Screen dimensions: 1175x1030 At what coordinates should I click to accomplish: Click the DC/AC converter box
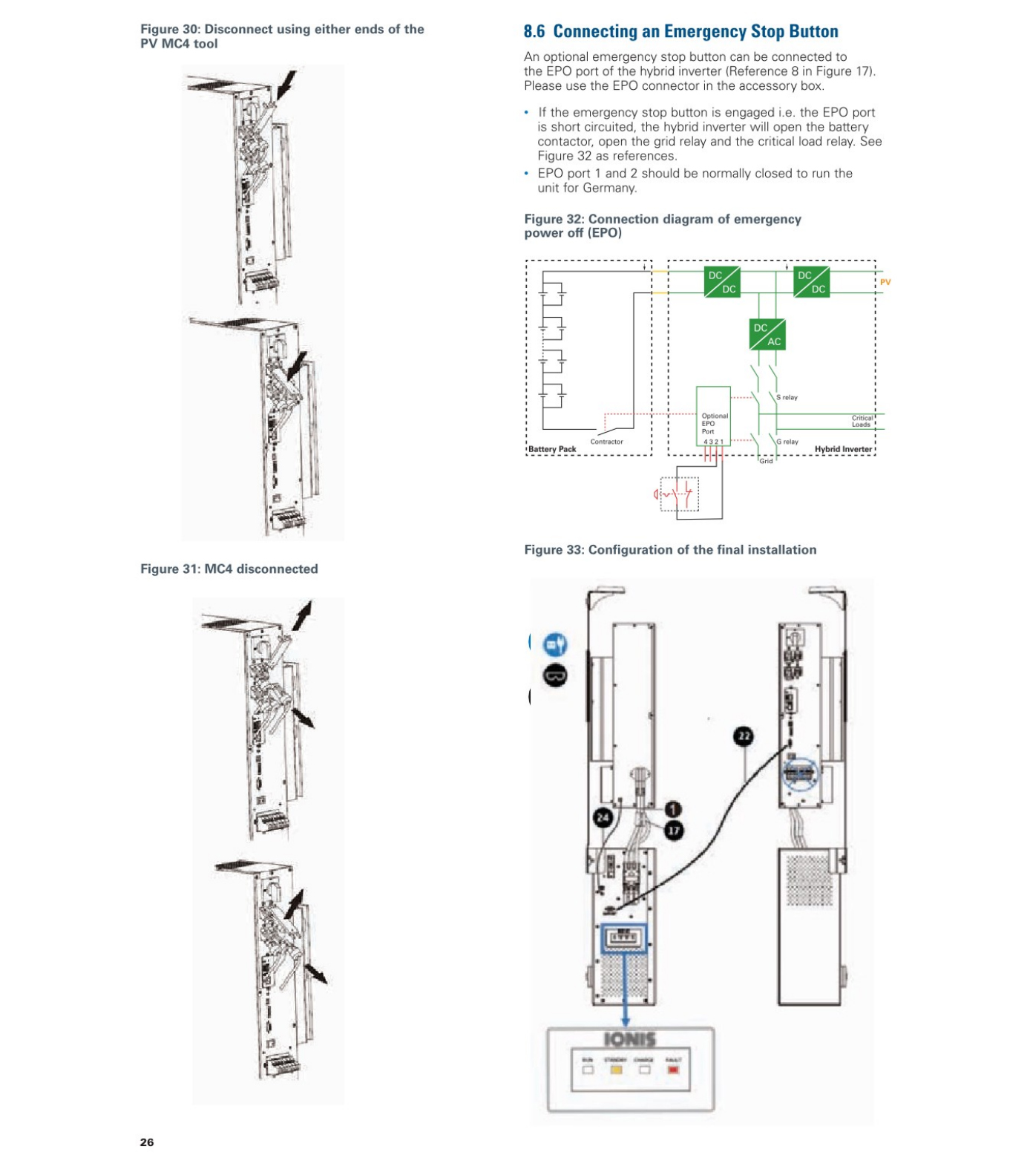(767, 334)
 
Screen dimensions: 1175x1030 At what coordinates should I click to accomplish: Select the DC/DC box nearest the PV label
(811, 281)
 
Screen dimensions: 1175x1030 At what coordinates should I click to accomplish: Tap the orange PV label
(885, 282)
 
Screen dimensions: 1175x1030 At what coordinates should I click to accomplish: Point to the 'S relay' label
(787, 397)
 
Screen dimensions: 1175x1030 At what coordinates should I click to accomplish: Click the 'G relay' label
(787, 442)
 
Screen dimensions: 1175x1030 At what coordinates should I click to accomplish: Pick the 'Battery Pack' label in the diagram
(552, 449)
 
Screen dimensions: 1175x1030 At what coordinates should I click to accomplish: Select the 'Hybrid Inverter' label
(843, 449)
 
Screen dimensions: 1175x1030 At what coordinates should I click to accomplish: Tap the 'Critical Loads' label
(862, 421)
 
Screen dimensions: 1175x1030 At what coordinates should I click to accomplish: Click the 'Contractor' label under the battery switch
(606, 442)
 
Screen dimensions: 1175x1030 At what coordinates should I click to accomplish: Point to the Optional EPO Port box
(713, 416)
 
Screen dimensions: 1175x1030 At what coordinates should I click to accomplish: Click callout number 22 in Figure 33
(743, 736)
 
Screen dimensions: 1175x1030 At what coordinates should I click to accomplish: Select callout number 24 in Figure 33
(603, 818)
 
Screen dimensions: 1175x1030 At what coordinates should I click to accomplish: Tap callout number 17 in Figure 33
(673, 830)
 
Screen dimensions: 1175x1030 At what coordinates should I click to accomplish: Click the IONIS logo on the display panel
(629, 1039)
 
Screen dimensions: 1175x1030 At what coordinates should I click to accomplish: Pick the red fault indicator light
(673, 1070)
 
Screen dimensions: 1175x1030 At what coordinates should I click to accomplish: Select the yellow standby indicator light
(616, 1070)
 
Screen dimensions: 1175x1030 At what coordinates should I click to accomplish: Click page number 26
(147, 1142)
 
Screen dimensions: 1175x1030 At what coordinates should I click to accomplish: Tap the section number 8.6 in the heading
(534, 32)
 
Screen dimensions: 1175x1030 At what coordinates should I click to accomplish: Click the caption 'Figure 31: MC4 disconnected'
(229, 569)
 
